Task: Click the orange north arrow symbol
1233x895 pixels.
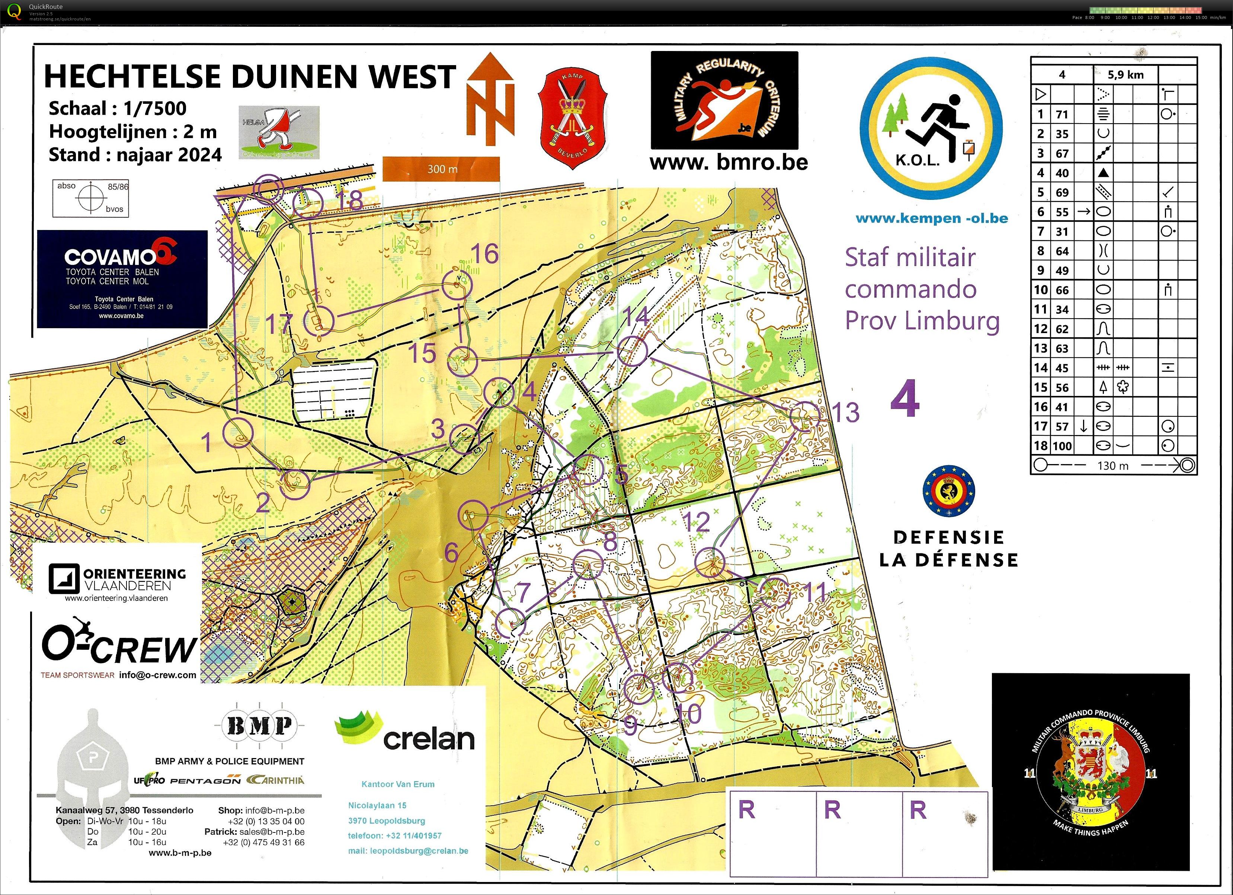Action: click(x=490, y=99)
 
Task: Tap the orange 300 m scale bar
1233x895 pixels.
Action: click(x=441, y=169)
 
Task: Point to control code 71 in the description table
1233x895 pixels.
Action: click(x=1062, y=115)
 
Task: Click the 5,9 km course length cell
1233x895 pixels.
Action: click(x=1125, y=74)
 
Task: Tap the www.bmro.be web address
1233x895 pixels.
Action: click(x=728, y=162)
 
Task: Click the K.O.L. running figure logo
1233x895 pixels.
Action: click(x=931, y=128)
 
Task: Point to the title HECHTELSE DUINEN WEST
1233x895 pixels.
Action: click(x=249, y=76)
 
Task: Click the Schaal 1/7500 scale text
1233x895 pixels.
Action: click(x=118, y=109)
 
